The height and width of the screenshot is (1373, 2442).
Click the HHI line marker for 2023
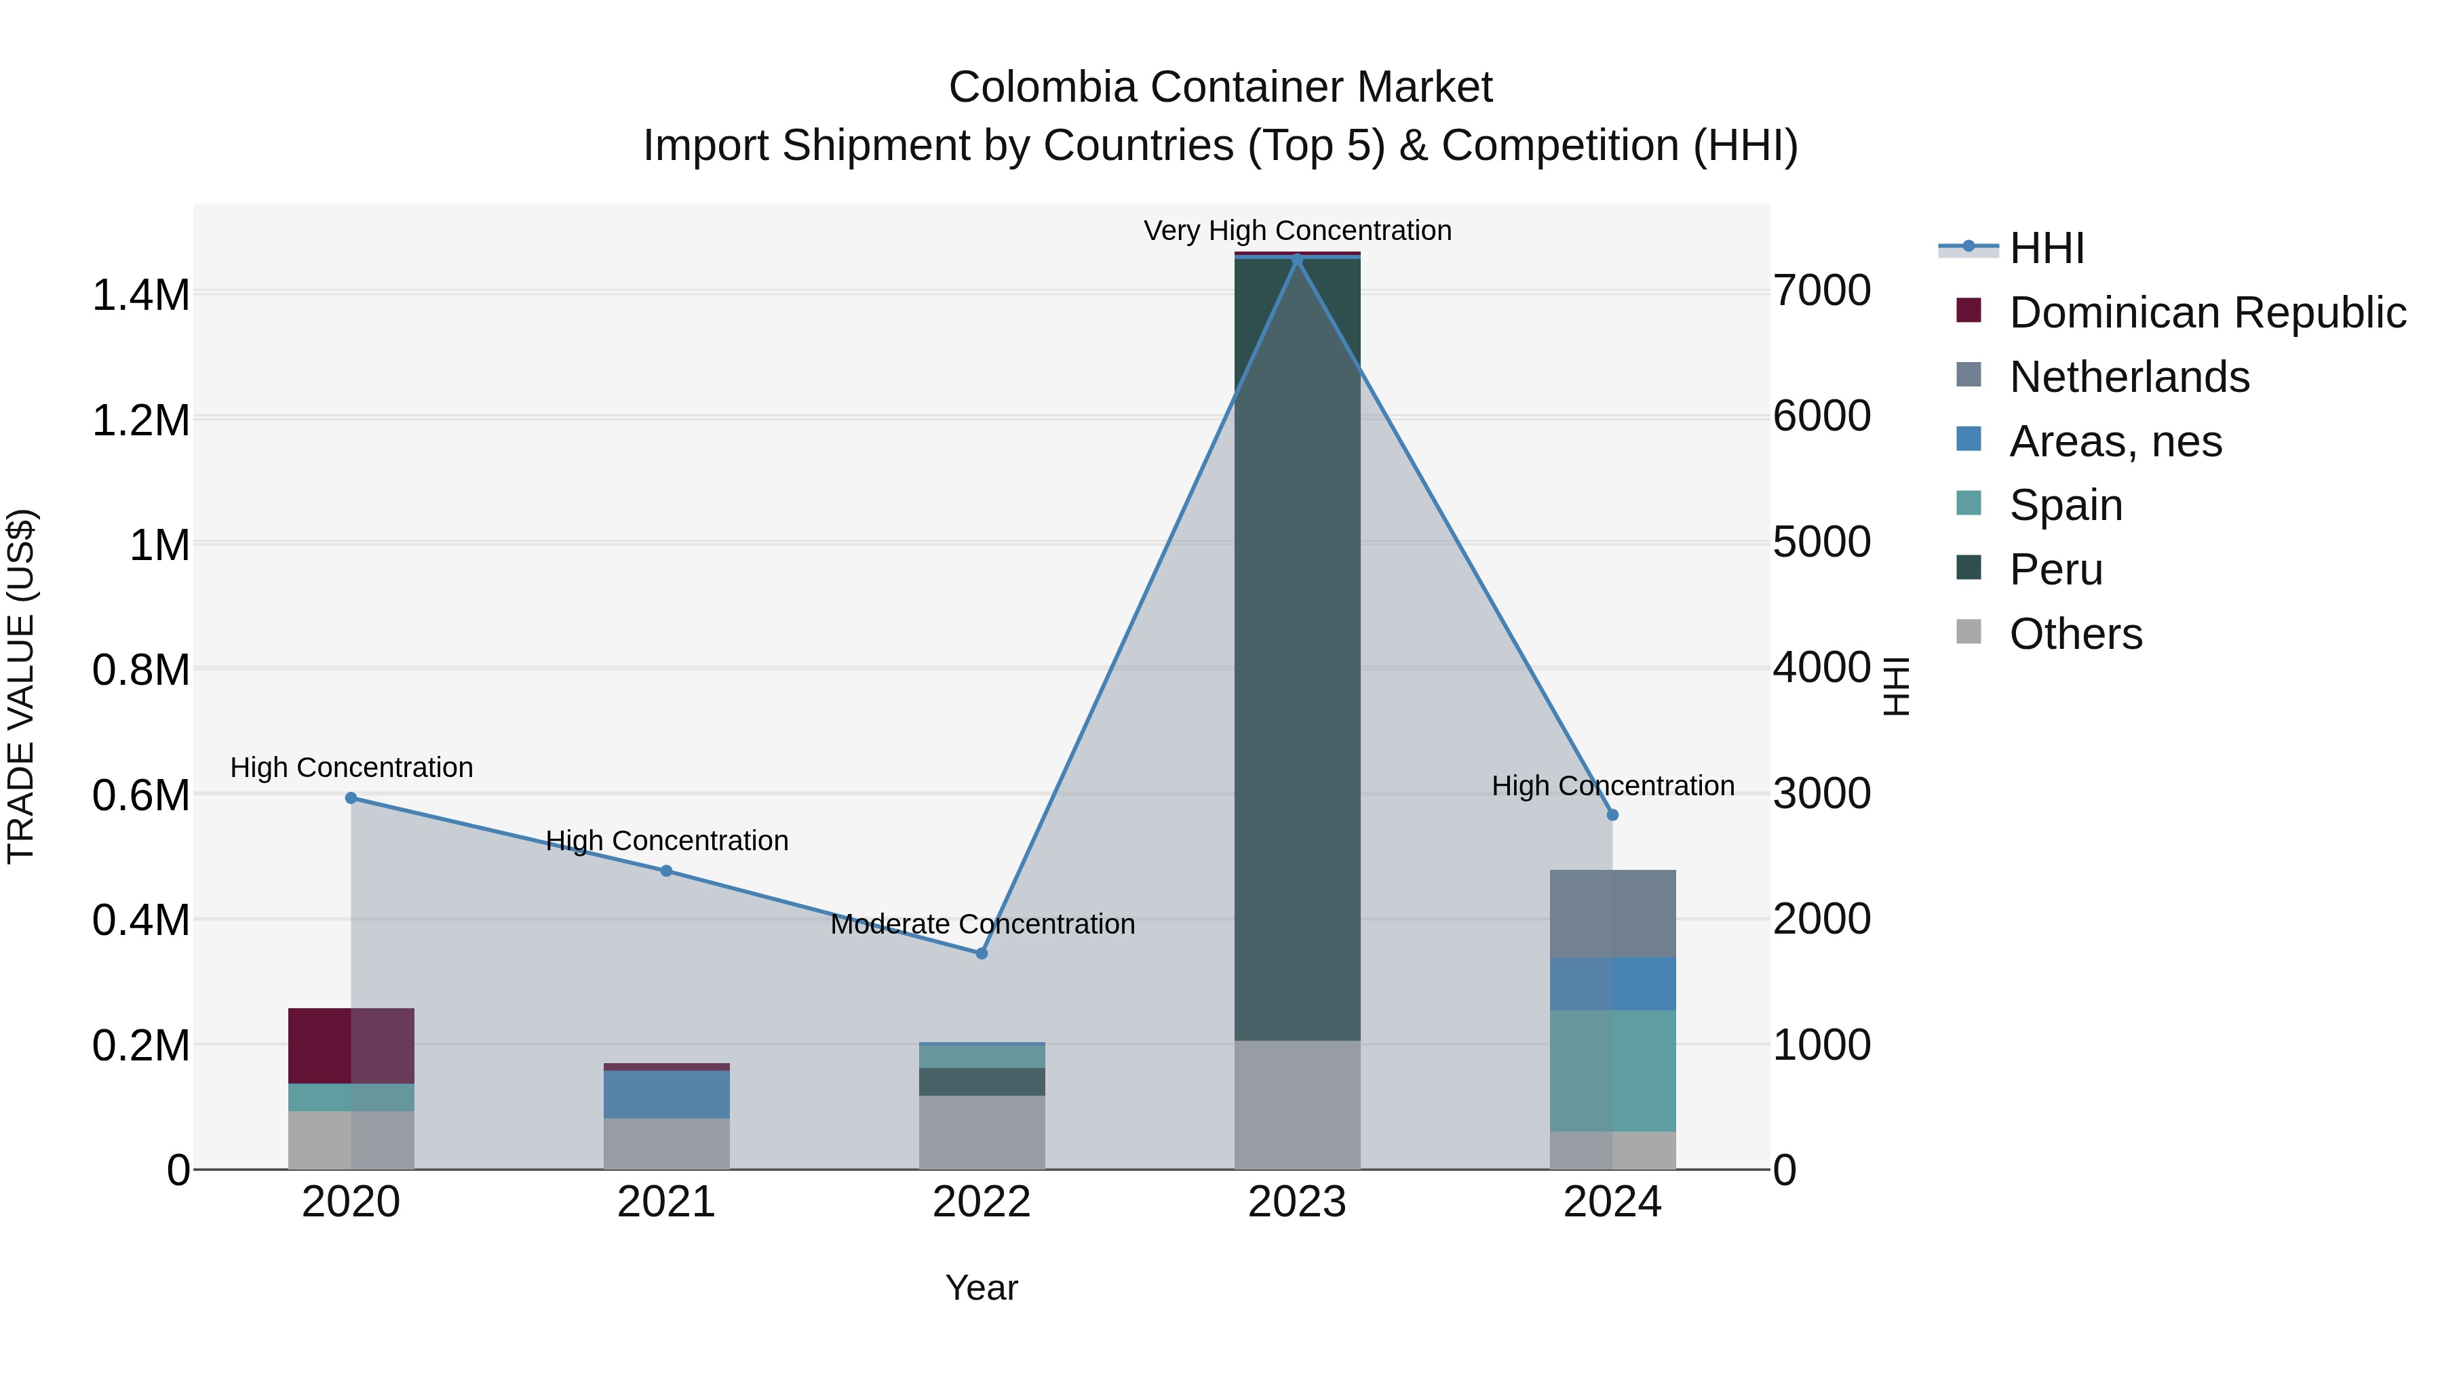[1297, 259]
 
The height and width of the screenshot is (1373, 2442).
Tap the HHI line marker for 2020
[351, 798]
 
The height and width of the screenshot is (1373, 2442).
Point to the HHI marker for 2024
[1612, 815]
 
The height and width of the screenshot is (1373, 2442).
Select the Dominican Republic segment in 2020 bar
[351, 1045]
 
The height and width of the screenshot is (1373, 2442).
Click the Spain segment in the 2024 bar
[1612, 1071]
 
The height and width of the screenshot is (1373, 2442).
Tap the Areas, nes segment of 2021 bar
[666, 1094]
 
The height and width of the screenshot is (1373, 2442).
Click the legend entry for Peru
[2055, 570]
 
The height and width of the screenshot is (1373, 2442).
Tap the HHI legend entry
[2046, 248]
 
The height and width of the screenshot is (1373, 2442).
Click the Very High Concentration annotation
[1297, 231]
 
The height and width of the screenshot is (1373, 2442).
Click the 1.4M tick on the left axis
[140, 295]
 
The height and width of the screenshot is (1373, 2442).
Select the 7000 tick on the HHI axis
[1822, 291]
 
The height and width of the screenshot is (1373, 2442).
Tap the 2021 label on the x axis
[666, 1202]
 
